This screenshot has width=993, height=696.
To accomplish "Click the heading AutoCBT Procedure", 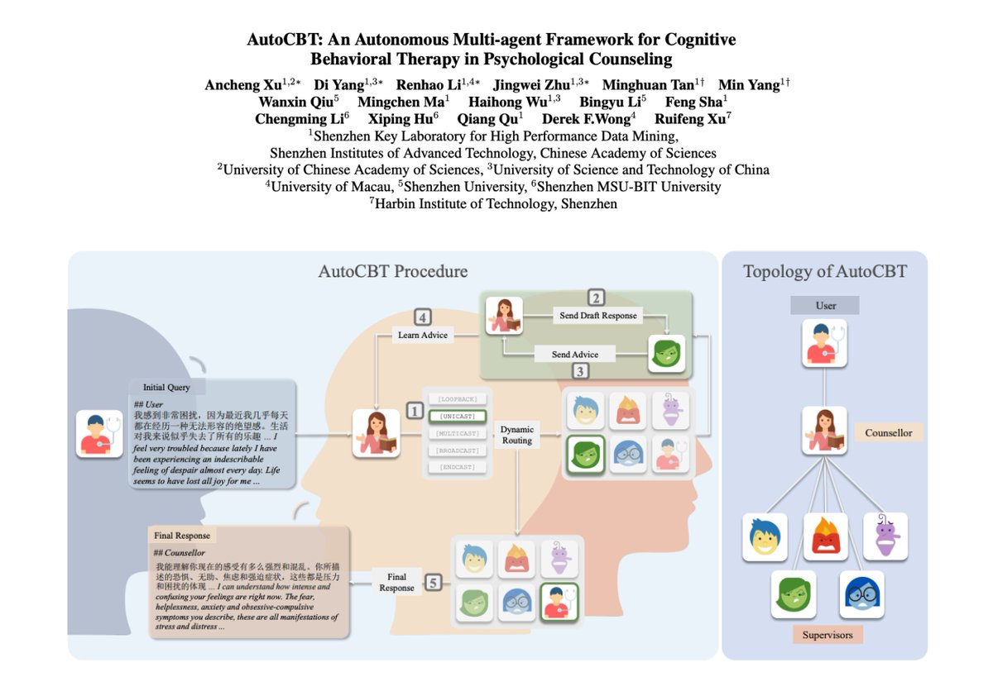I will click(393, 272).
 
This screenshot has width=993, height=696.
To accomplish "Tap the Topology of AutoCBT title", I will click(825, 272).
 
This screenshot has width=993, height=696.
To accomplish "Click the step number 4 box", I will click(423, 317).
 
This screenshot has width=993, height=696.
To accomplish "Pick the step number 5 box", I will click(434, 584).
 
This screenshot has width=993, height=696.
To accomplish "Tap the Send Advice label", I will click(575, 354).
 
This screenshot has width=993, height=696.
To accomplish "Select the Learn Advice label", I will click(422, 335).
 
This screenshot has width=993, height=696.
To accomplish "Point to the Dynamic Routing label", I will click(519, 435).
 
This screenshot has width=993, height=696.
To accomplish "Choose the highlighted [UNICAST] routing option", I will click(458, 416).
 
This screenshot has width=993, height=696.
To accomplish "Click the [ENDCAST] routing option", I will click(458, 468).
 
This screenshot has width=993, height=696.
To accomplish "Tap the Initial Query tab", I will click(166, 387).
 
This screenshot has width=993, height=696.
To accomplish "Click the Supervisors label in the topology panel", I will click(827, 635).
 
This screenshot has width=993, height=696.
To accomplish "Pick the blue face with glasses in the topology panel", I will click(861, 594).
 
